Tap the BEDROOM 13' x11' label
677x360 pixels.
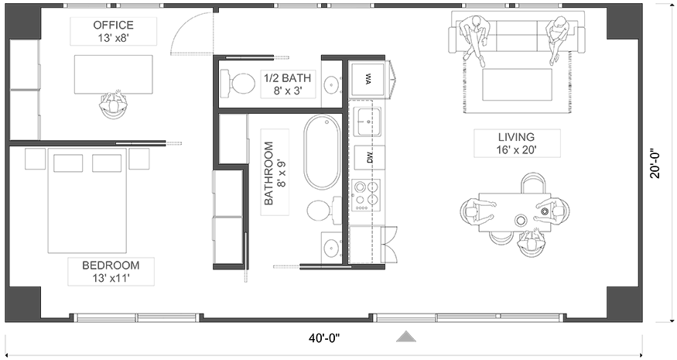[x=111, y=272]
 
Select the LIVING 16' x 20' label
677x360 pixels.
[x=516, y=143]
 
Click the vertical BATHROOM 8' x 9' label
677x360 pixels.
[x=275, y=173]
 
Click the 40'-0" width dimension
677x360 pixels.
[x=324, y=338]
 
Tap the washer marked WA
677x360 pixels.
[x=368, y=80]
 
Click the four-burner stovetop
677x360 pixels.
[x=366, y=194]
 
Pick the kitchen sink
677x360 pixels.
[x=367, y=121]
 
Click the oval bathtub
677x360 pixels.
[x=322, y=152]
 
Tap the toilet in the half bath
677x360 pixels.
[x=238, y=82]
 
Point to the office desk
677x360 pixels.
[x=113, y=74]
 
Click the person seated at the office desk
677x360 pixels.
[x=114, y=105]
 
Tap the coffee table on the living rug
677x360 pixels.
[x=517, y=84]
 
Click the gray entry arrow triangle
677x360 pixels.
[x=406, y=336]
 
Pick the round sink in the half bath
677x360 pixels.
[x=331, y=83]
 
